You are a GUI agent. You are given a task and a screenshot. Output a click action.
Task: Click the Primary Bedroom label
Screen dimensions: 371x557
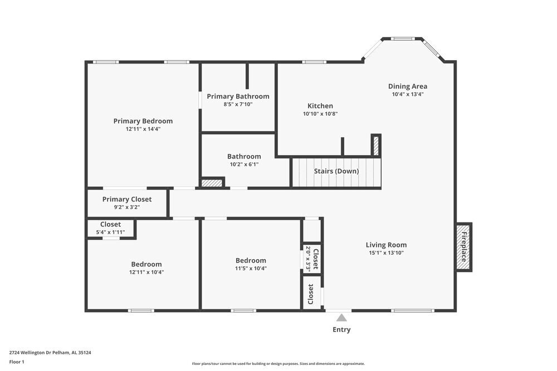point(143,121)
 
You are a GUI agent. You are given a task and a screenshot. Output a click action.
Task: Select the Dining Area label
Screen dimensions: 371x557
point(407,86)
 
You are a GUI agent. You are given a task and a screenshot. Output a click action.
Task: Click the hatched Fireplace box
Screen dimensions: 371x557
point(463,247)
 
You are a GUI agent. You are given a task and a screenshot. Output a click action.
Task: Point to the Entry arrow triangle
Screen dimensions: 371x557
point(341,318)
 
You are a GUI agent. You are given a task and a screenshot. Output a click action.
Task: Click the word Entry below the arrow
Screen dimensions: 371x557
point(341,329)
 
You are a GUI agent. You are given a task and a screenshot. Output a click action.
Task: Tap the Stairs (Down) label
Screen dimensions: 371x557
point(336,171)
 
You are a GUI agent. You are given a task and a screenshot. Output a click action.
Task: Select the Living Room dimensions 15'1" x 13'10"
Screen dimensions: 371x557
point(386,253)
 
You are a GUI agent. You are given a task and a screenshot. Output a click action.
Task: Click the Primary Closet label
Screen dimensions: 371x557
point(126,199)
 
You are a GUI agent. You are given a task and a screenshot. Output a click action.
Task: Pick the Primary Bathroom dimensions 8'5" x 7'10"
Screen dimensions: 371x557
point(238,104)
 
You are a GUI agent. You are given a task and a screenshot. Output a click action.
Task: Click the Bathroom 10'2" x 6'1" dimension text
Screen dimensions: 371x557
point(243,164)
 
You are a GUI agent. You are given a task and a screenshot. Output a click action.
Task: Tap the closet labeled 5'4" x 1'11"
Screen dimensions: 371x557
point(110,228)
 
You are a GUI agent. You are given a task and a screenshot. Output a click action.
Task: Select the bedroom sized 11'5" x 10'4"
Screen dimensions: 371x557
point(251,265)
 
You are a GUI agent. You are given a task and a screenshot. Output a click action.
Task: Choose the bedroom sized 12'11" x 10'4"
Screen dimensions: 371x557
point(146,268)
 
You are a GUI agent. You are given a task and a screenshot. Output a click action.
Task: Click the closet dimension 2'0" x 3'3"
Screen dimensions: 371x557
point(307,259)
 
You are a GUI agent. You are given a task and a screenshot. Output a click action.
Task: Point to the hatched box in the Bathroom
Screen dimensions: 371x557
point(211,182)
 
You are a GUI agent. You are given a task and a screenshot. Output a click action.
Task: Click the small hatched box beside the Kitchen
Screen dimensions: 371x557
point(376,145)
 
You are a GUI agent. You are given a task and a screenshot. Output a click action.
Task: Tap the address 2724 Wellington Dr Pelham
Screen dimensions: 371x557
point(50,352)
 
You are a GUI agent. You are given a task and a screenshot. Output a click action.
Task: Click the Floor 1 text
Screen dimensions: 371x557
point(17,362)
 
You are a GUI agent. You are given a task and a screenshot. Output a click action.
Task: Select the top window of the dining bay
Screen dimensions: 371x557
point(402,39)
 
